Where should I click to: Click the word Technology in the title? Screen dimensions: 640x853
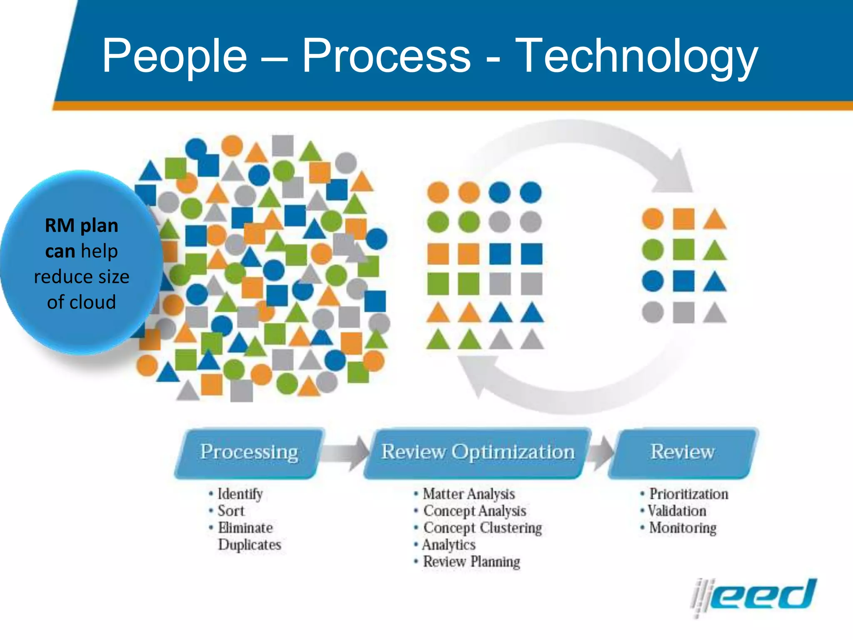636,57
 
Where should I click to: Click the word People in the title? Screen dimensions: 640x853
175,57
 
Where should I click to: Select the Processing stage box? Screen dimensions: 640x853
249,452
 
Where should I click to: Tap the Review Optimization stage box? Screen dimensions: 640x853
478,452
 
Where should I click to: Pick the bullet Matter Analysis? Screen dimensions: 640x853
469,494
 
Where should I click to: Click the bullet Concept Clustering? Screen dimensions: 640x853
482,528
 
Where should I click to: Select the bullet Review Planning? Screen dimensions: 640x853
471,562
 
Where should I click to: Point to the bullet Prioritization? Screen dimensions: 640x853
688,494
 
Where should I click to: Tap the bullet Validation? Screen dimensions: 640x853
677,511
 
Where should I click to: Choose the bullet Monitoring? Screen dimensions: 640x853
683,528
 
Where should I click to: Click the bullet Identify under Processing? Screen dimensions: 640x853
240,494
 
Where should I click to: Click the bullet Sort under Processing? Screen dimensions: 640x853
231,511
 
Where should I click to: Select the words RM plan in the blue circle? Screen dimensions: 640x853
82,226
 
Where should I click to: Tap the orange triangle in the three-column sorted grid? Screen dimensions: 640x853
715,220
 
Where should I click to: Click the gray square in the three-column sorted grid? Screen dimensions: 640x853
683,312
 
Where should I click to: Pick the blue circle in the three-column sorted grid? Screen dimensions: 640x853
653,281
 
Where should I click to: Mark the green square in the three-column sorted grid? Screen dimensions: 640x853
683,250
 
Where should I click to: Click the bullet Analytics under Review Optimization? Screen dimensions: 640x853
449,545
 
